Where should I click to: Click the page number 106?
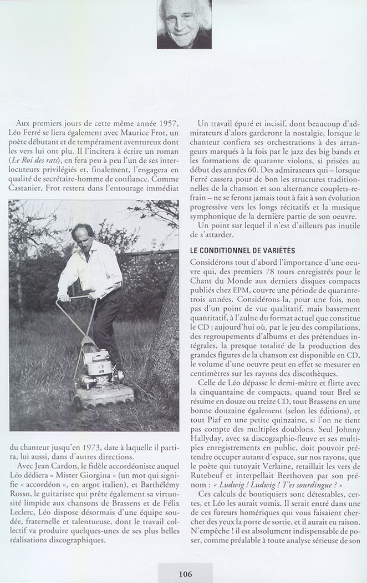click(185, 574)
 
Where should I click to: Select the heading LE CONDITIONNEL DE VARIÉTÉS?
click(242, 251)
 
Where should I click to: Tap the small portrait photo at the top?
click(184, 24)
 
